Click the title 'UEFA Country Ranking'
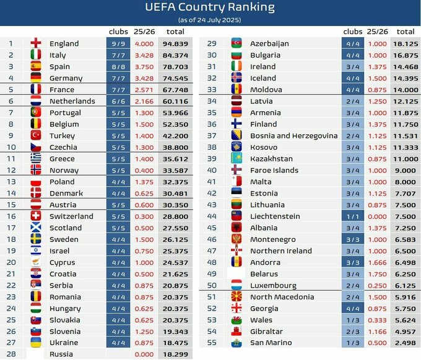[x=210, y=7]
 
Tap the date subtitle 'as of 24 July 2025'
[x=210, y=20]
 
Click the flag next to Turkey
[x=36, y=135]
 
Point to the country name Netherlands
[x=72, y=101]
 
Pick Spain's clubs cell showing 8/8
[x=118, y=67]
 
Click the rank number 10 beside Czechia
[x=11, y=147]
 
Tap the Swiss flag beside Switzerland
[x=36, y=216]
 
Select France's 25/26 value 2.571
[x=144, y=89]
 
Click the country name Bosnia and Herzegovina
[x=293, y=135]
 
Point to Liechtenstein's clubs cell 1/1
[x=352, y=216]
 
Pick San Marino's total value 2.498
[x=405, y=343]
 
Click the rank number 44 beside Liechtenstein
[x=212, y=216]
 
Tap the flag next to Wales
[x=237, y=320]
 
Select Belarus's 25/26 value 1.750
[x=377, y=274]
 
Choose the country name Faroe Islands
[x=274, y=170]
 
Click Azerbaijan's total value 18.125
[x=405, y=43]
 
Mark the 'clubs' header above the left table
[x=118, y=32]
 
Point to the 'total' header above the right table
[x=405, y=32]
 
